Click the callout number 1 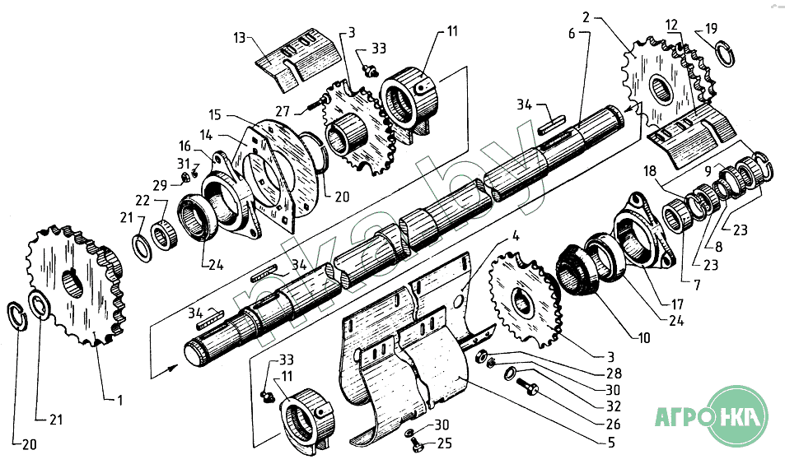(x=119, y=400)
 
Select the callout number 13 (x=241, y=38)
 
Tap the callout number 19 (x=712, y=29)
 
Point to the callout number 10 (x=644, y=338)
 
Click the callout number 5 (x=610, y=442)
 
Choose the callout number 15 (x=215, y=115)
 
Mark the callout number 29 (x=160, y=185)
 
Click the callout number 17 (x=677, y=304)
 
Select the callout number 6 (x=572, y=34)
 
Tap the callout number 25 (x=445, y=443)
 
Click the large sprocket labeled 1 (x=75, y=285)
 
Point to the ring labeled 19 (x=725, y=54)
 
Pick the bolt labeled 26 (x=526, y=386)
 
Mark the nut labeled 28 (x=479, y=355)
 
